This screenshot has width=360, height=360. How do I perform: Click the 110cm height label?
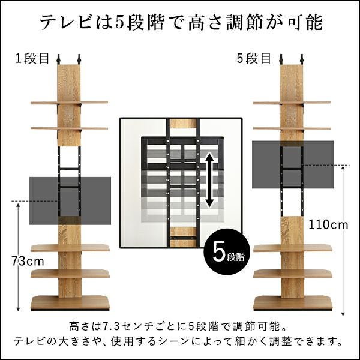tap(328, 225)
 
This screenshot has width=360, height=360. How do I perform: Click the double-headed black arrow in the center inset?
tap(209, 180)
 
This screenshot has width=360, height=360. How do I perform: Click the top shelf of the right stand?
tap(292, 103)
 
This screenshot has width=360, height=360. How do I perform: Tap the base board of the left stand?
tap(70, 302)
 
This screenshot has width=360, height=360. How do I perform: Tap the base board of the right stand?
tap(292, 302)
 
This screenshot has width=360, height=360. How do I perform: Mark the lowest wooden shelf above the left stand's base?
tap(70, 273)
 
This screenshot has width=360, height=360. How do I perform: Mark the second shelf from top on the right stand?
tap(292, 128)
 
